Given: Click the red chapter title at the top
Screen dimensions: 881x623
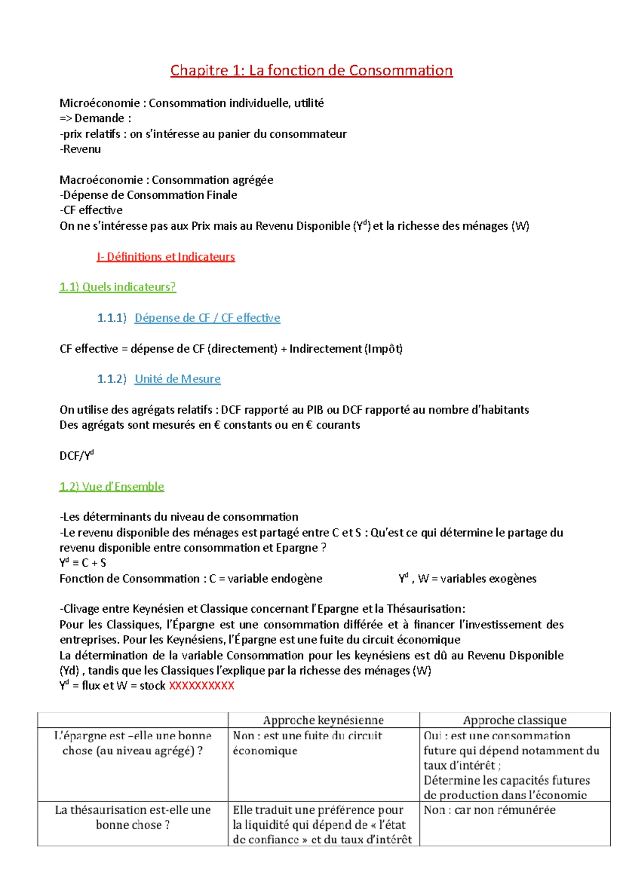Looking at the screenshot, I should (x=311, y=71).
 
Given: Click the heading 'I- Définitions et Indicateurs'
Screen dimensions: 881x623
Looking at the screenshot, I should (x=166, y=257).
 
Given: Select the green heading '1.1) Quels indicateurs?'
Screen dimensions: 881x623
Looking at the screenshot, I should (x=117, y=287).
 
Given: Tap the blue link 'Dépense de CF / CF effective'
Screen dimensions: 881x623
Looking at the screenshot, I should (x=207, y=318).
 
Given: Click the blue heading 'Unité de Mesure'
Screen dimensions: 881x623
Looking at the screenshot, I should (x=178, y=379).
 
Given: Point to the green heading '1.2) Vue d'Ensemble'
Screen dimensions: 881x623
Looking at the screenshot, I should (x=112, y=487).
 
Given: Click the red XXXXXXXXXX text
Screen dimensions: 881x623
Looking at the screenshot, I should (x=201, y=686).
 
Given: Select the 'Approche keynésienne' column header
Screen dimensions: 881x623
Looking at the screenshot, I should (x=323, y=720).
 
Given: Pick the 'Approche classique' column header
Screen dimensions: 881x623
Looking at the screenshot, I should (x=514, y=720).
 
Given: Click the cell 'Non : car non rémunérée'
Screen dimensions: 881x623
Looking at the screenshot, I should (x=489, y=810).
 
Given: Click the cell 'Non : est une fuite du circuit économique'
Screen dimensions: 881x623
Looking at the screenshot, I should (x=307, y=743).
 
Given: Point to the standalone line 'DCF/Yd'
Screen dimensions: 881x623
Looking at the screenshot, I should (x=76, y=456).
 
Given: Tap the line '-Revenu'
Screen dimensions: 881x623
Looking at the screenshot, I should (x=80, y=149).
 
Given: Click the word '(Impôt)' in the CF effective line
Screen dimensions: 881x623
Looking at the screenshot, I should (x=384, y=349).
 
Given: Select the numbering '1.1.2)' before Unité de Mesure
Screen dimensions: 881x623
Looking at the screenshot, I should (x=112, y=379).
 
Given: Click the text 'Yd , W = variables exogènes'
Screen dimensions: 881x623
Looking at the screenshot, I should (x=467, y=579).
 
